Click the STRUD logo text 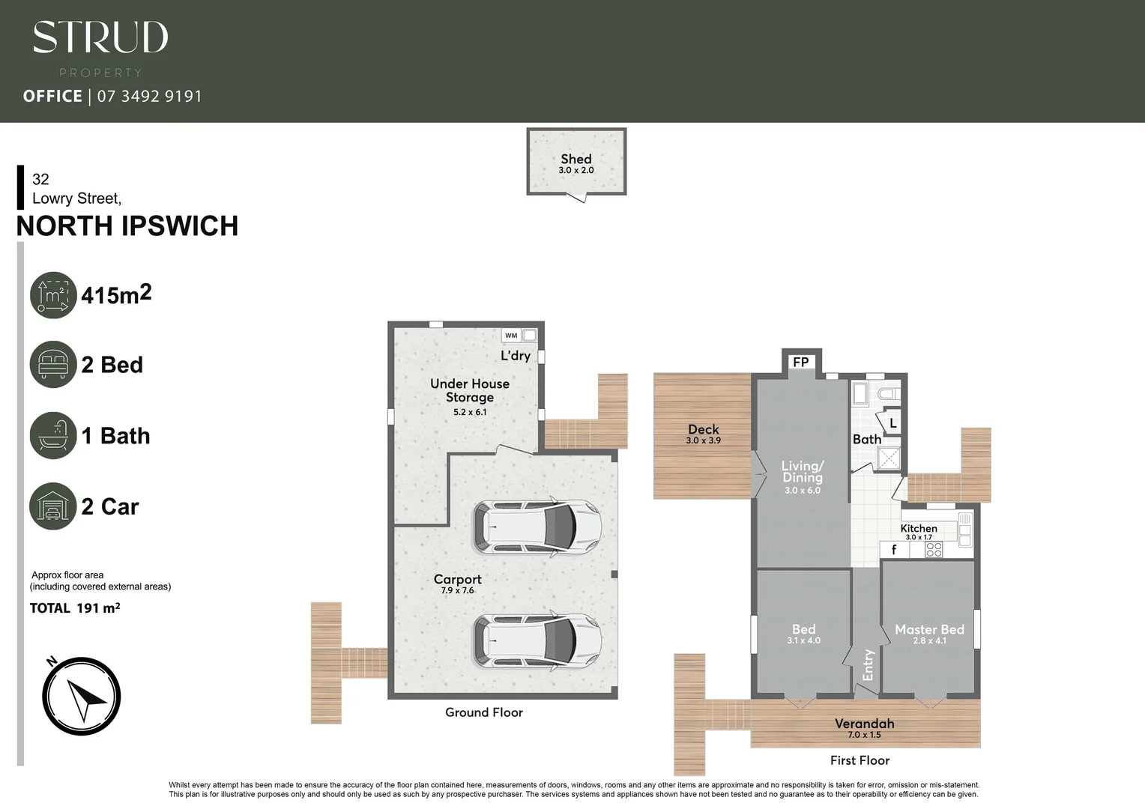pyautogui.click(x=100, y=37)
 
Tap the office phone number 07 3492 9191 pyautogui.click(x=149, y=96)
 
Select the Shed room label pyautogui.click(x=575, y=160)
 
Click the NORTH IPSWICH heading pyautogui.click(x=127, y=226)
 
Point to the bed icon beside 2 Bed pyautogui.click(x=53, y=365)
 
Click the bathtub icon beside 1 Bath pyautogui.click(x=53, y=435)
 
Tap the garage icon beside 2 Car pyautogui.click(x=53, y=506)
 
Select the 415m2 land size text pyautogui.click(x=116, y=294)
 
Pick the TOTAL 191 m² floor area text pyautogui.click(x=75, y=608)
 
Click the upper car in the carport pyautogui.click(x=537, y=527)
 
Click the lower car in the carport pyautogui.click(x=537, y=641)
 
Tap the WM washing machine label pyautogui.click(x=511, y=336)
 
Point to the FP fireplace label pyautogui.click(x=800, y=363)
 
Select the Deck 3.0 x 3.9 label pyautogui.click(x=703, y=434)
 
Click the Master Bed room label pyautogui.click(x=929, y=630)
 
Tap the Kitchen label pyautogui.click(x=919, y=528)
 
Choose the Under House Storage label pyautogui.click(x=470, y=390)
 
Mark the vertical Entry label pyautogui.click(x=868, y=664)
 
